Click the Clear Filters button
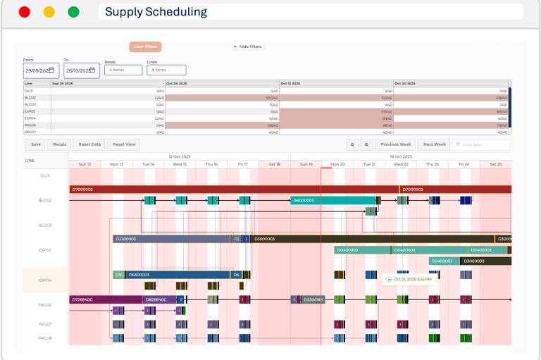tap(145, 46)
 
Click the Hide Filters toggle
tap(247, 46)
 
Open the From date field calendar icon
tap(51, 70)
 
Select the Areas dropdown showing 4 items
tap(123, 70)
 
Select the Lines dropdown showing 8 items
tap(166, 70)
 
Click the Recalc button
tap(60, 144)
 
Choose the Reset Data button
tap(89, 144)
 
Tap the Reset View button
tap(125, 144)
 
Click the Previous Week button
tap(395, 144)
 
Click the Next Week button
tap(435, 144)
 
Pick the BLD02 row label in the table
tap(30, 98)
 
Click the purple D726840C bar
tap(106, 299)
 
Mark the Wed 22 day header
tap(401, 164)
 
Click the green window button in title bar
tap(73, 12)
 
